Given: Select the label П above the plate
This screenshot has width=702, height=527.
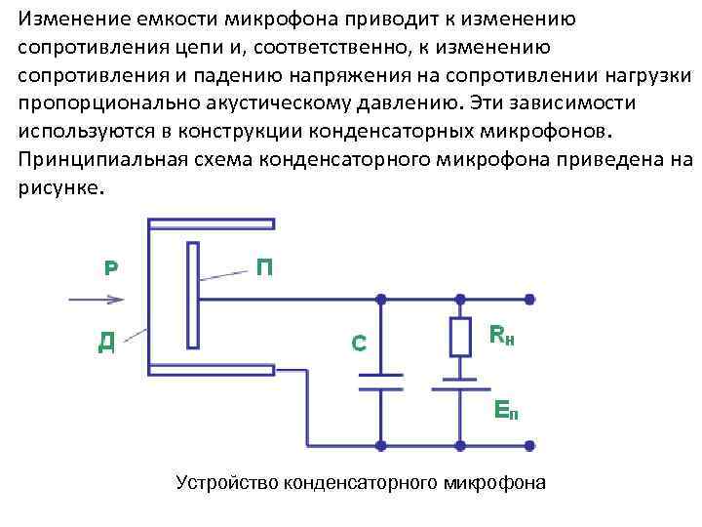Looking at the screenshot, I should click(263, 265).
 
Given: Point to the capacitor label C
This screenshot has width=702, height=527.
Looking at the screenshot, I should click(359, 343).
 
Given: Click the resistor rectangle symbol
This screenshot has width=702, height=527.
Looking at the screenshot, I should click(458, 337).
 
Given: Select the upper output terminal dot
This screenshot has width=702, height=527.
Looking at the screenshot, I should click(529, 300).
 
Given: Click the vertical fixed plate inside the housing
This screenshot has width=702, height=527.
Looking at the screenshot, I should click(193, 296).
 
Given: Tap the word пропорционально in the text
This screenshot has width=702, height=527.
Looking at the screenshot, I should click(97, 103).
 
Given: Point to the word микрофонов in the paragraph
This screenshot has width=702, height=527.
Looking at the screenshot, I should click(549, 132).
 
